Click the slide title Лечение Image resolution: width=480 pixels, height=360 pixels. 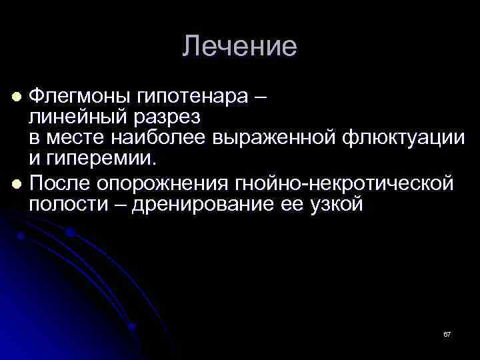[x=240, y=47]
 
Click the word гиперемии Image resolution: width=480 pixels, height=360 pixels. [x=104, y=161]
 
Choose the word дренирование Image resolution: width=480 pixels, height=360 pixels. [x=201, y=205]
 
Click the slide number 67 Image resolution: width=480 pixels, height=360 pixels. [x=447, y=333]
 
